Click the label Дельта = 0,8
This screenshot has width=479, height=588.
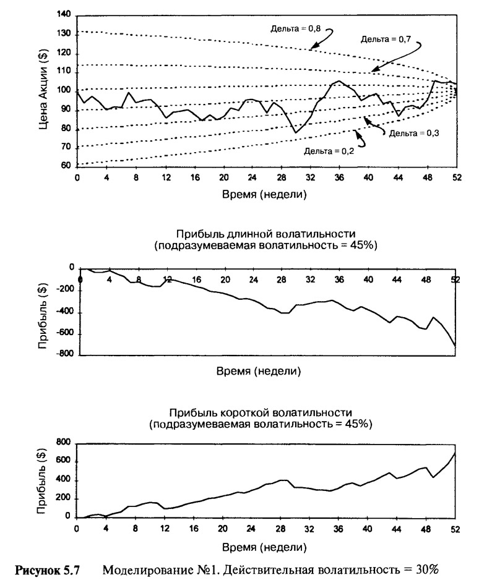click(x=296, y=28)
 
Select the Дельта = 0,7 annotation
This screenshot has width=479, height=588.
click(x=386, y=39)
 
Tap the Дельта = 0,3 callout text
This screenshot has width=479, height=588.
click(x=414, y=133)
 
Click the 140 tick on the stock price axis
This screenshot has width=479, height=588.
click(x=64, y=15)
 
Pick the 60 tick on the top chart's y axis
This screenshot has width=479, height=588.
click(x=66, y=165)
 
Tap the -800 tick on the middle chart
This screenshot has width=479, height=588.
click(x=65, y=354)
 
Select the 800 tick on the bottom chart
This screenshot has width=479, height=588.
click(x=64, y=443)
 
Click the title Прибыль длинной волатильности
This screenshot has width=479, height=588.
click(x=265, y=234)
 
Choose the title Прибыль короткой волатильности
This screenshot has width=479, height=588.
click(x=261, y=413)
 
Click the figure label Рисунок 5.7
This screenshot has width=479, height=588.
click(x=47, y=570)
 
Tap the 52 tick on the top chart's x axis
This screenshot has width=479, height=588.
click(x=457, y=177)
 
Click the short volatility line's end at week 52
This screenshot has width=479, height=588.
click(x=455, y=453)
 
